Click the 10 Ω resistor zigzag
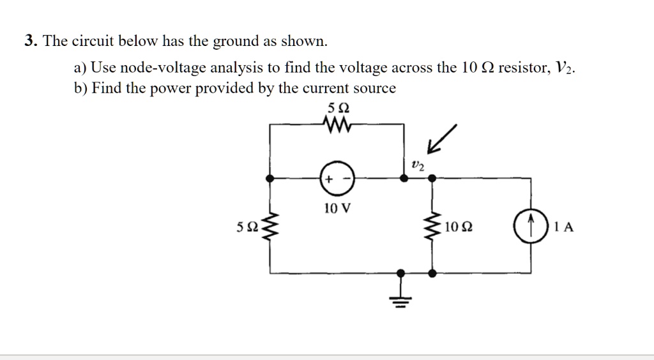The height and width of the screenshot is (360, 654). point(433,227)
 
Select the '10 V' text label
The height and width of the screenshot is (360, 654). point(336,209)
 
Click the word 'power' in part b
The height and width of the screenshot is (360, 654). point(172,89)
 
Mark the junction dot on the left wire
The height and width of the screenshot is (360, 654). point(271,180)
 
